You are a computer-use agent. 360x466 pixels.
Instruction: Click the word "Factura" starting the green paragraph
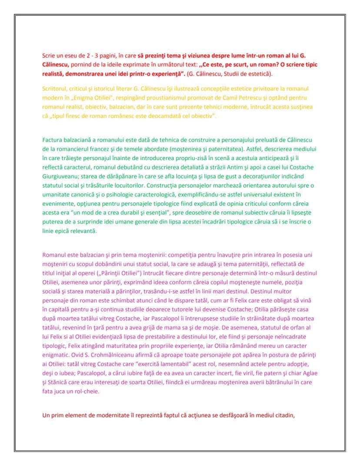(x=53, y=140)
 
